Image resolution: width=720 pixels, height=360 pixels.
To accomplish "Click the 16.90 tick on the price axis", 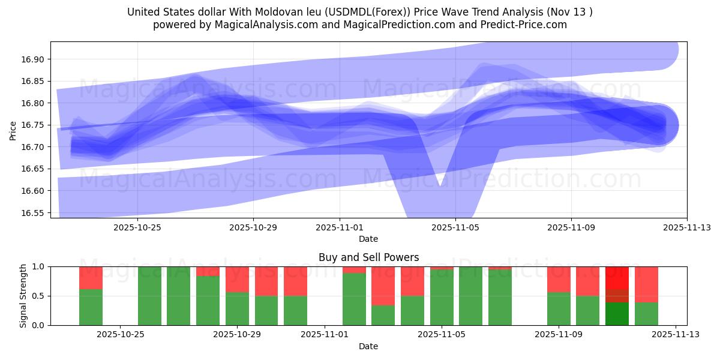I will pos(35,59).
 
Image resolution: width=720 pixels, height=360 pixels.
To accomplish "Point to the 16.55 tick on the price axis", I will pos(35,213).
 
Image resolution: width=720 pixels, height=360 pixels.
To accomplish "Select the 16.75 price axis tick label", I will pos(35,125).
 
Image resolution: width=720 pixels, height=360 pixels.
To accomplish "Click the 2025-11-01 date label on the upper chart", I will pos(340,227).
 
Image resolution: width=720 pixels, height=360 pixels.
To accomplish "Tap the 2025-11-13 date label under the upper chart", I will pos(686,227).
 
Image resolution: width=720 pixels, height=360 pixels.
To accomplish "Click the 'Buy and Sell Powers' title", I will pos(368,257).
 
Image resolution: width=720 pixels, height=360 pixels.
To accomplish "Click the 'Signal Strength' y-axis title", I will pos(23,296).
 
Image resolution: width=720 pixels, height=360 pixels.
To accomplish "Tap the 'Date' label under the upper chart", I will pos(368,239).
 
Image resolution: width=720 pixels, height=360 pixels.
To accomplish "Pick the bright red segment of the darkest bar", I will pos(617,277).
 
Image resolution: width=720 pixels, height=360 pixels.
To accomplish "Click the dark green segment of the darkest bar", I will pos(617,313).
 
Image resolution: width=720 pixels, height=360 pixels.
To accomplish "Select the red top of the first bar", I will pos(91,278).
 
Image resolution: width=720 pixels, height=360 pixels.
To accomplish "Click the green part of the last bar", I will pos(646,313).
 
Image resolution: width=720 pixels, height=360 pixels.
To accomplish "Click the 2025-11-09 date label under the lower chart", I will pos(559,335).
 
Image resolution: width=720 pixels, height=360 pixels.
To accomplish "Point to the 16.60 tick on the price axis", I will pos(35,191).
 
